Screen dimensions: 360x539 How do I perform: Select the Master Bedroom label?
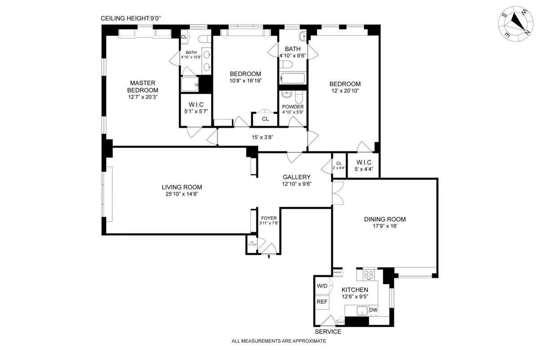coord(142,86)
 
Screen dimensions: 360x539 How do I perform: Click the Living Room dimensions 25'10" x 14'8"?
coord(182,194)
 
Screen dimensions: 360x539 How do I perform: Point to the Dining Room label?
coord(384,219)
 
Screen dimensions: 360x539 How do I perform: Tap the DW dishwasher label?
coord(373,310)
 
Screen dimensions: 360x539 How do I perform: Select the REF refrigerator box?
coord(322,302)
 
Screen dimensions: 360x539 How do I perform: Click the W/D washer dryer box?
coord(322,286)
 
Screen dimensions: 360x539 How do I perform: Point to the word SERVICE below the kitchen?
coord(328,332)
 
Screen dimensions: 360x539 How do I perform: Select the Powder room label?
coord(292,107)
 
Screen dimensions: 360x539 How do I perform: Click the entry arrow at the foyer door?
coord(269,257)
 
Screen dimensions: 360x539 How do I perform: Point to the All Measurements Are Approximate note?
coord(278,341)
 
